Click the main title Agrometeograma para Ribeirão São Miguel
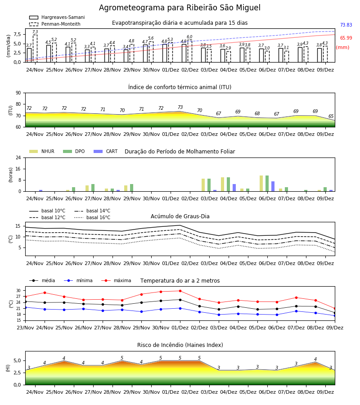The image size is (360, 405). (x=180, y=8)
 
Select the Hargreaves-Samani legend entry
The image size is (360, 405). (x=57, y=17)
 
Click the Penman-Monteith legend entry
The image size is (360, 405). (x=55, y=24)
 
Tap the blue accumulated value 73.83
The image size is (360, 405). (x=346, y=25)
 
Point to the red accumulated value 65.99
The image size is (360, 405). (x=346, y=38)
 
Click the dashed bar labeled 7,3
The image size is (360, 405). (x=35, y=48)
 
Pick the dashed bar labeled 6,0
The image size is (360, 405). (x=190, y=51)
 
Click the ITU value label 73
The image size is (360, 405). (x=180, y=107)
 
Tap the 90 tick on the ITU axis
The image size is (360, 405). (x=18, y=93)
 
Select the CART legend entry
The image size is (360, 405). (x=106, y=151)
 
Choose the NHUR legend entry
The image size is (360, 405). (x=42, y=151)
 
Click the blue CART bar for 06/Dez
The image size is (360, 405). (x=273, y=186)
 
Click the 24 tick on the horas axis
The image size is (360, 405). (x=18, y=157)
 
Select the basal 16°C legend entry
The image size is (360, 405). (x=92, y=217)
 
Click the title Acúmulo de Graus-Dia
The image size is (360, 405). (x=180, y=216)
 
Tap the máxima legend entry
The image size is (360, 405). (x=116, y=280)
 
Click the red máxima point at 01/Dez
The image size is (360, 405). (x=180, y=291)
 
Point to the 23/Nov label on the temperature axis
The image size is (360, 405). (x=25, y=328)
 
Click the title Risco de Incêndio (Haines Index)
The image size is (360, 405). (x=180, y=345)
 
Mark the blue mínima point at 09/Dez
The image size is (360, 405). (x=335, y=315)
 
